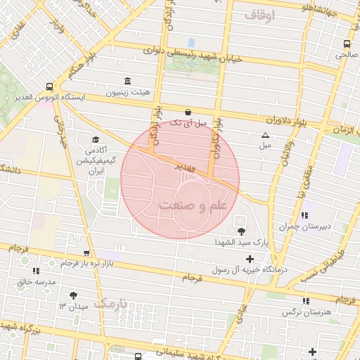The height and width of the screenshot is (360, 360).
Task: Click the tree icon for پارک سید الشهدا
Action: [x=242, y=231]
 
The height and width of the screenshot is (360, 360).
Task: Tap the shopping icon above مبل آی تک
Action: [x=188, y=112]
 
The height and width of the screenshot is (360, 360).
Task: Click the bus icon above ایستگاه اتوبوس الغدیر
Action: [x=48, y=84]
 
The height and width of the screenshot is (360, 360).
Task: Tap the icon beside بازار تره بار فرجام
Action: [x=86, y=252]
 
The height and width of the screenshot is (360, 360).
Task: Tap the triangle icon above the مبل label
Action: [x=265, y=135]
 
